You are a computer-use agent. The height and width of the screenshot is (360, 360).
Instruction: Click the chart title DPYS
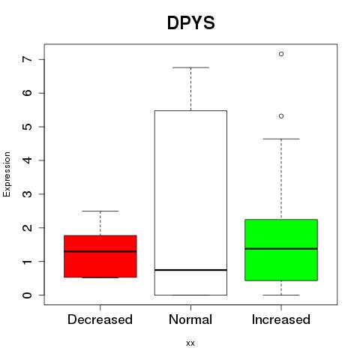pyautogui.click(x=190, y=23)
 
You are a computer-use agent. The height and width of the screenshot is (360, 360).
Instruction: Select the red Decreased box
pyautogui.click(x=100, y=256)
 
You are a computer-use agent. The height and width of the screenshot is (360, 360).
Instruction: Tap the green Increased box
pyautogui.click(x=281, y=250)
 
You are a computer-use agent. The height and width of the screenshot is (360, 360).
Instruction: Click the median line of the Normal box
pyautogui.click(x=190, y=270)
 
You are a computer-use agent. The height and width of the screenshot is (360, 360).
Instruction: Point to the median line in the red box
pyautogui.click(x=100, y=251)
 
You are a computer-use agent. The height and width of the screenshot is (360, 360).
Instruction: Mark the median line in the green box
pyautogui.click(x=281, y=249)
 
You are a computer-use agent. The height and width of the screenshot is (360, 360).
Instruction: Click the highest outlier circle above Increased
pyautogui.click(x=281, y=54)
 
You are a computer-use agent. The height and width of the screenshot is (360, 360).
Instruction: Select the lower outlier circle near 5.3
pyautogui.click(x=281, y=116)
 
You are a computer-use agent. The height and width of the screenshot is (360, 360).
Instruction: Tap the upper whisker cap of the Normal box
pyautogui.click(x=190, y=67)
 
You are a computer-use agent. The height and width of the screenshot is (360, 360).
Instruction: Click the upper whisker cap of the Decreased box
pyautogui.click(x=100, y=211)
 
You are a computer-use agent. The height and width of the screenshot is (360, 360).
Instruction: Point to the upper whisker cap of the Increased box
pyautogui.click(x=281, y=139)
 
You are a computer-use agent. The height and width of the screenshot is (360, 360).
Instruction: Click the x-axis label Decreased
pyautogui.click(x=100, y=319)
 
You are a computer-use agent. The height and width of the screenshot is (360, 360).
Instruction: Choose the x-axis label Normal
pyautogui.click(x=190, y=319)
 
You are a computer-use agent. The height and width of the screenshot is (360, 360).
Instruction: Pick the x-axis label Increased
pyautogui.click(x=281, y=319)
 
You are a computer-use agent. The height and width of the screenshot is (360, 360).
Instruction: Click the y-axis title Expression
pyautogui.click(x=7, y=174)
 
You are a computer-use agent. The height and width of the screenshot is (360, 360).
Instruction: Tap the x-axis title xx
pyautogui.click(x=190, y=343)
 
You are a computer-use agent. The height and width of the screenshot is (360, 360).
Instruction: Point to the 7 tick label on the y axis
pyautogui.click(x=28, y=59)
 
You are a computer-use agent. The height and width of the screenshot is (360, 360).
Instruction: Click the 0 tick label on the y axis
pyautogui.click(x=28, y=295)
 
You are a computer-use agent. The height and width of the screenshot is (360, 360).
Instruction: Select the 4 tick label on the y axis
pyautogui.click(x=28, y=160)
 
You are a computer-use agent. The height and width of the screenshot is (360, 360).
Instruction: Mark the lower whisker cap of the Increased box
pyautogui.click(x=281, y=295)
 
